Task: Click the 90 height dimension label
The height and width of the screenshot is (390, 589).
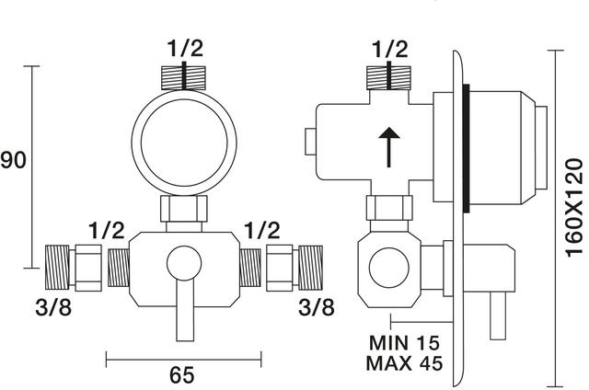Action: click(13, 160)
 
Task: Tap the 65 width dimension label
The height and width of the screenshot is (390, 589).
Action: click(182, 374)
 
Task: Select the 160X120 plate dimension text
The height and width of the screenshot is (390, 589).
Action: click(574, 208)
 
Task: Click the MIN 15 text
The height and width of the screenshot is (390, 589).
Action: click(404, 342)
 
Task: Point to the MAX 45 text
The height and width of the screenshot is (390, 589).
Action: click(404, 363)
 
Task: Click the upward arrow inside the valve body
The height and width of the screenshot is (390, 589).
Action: click(388, 147)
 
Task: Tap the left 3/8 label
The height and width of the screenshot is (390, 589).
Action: click(53, 308)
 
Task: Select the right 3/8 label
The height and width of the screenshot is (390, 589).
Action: click(317, 308)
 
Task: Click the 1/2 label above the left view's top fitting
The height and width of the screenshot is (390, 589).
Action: click(185, 49)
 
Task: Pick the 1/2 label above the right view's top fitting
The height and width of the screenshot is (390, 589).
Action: click(390, 49)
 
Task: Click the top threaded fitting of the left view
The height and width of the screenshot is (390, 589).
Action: click(183, 78)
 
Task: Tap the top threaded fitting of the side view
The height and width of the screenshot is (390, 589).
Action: click(388, 78)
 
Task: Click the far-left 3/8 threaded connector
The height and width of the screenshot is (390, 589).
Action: click(57, 268)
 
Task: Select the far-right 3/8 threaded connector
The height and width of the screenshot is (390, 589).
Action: click(310, 268)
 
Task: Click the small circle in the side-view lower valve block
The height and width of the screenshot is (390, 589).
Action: click(388, 268)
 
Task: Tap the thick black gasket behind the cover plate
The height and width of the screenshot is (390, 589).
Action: click(467, 148)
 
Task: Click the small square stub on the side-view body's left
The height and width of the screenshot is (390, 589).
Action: click(311, 142)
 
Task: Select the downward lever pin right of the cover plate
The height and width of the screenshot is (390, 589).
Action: click(498, 315)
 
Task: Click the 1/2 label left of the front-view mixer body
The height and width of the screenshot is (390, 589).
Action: click(107, 231)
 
